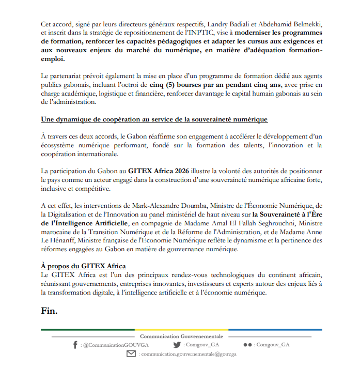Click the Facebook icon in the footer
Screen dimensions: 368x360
[75, 345]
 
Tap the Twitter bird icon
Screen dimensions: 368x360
[177, 345]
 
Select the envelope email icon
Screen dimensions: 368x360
[131, 354]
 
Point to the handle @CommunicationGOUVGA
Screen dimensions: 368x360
[111, 345]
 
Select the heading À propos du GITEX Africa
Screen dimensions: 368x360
[83, 266]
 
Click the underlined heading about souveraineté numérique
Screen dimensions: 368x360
[154, 120]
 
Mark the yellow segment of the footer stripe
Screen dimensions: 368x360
[181, 329]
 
